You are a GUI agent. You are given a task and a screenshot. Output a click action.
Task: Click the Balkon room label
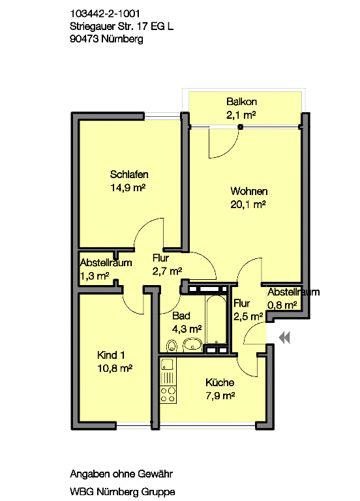tap(241, 102)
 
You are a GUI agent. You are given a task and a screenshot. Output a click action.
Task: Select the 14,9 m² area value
tap(128, 187)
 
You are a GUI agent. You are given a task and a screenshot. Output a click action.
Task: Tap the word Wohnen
tap(248, 192)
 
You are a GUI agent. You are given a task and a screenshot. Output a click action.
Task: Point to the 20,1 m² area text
tap(248, 204)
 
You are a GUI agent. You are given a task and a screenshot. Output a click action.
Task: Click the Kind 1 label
tap(110, 356)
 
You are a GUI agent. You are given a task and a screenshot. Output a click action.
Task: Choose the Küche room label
tap(220, 383)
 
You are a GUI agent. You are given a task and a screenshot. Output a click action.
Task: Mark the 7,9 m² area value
tap(220, 395)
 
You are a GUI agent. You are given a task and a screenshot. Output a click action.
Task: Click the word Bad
tap(181, 316)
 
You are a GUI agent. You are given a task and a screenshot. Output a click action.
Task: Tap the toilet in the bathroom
tap(172, 345)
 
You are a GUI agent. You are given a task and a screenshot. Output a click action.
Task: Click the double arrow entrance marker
tap(284, 337)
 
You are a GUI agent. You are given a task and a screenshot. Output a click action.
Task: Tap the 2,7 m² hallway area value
tap(166, 271)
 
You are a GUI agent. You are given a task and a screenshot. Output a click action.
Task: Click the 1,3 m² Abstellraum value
tap(94, 276)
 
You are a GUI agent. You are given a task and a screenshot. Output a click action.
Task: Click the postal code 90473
tap(84, 38)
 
